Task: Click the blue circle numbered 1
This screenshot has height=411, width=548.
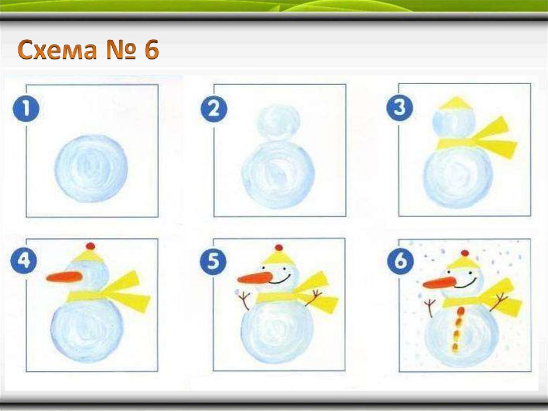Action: (x=26, y=109)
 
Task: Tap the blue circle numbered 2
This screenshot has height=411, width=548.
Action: (x=214, y=109)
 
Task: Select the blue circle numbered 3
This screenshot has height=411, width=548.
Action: (x=399, y=108)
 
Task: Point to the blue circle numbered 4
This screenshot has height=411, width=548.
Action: (x=24, y=261)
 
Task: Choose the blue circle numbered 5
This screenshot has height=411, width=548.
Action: (x=213, y=261)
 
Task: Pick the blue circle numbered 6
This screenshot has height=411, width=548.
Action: (x=400, y=261)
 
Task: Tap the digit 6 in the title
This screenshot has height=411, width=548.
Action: (x=151, y=49)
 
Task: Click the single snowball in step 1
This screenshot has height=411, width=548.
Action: (x=91, y=169)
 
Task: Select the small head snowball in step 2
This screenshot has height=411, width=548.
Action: (x=278, y=123)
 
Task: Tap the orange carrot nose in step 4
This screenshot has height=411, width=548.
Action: (x=65, y=277)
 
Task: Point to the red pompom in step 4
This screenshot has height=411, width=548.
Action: (x=90, y=246)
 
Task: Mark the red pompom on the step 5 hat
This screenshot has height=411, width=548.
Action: (x=278, y=248)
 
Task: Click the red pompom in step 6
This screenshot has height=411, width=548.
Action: (x=465, y=253)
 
